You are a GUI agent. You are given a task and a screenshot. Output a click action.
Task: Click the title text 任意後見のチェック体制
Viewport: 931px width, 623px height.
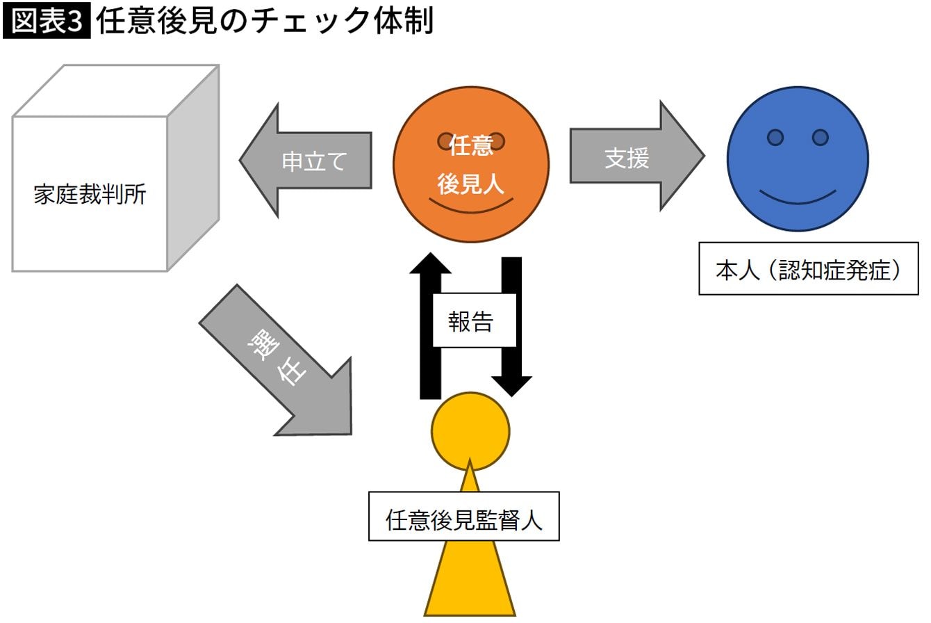[265, 21]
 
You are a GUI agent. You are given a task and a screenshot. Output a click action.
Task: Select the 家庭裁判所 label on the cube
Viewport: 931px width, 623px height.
[90, 195]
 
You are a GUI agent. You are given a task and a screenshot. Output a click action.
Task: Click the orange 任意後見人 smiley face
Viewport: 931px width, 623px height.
[471, 209]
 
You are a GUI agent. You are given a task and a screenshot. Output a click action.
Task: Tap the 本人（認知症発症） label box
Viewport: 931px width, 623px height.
[808, 269]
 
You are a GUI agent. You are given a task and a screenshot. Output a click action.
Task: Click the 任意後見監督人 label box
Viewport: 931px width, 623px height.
[463, 517]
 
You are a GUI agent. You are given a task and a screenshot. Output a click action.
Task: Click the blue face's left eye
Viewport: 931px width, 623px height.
[775, 138]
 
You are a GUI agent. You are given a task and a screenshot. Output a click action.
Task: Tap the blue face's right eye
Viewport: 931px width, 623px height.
[820, 138]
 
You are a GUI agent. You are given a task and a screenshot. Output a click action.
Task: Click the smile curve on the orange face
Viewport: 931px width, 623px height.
[471, 206]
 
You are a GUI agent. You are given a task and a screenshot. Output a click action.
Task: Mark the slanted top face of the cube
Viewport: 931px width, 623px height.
[115, 90]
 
